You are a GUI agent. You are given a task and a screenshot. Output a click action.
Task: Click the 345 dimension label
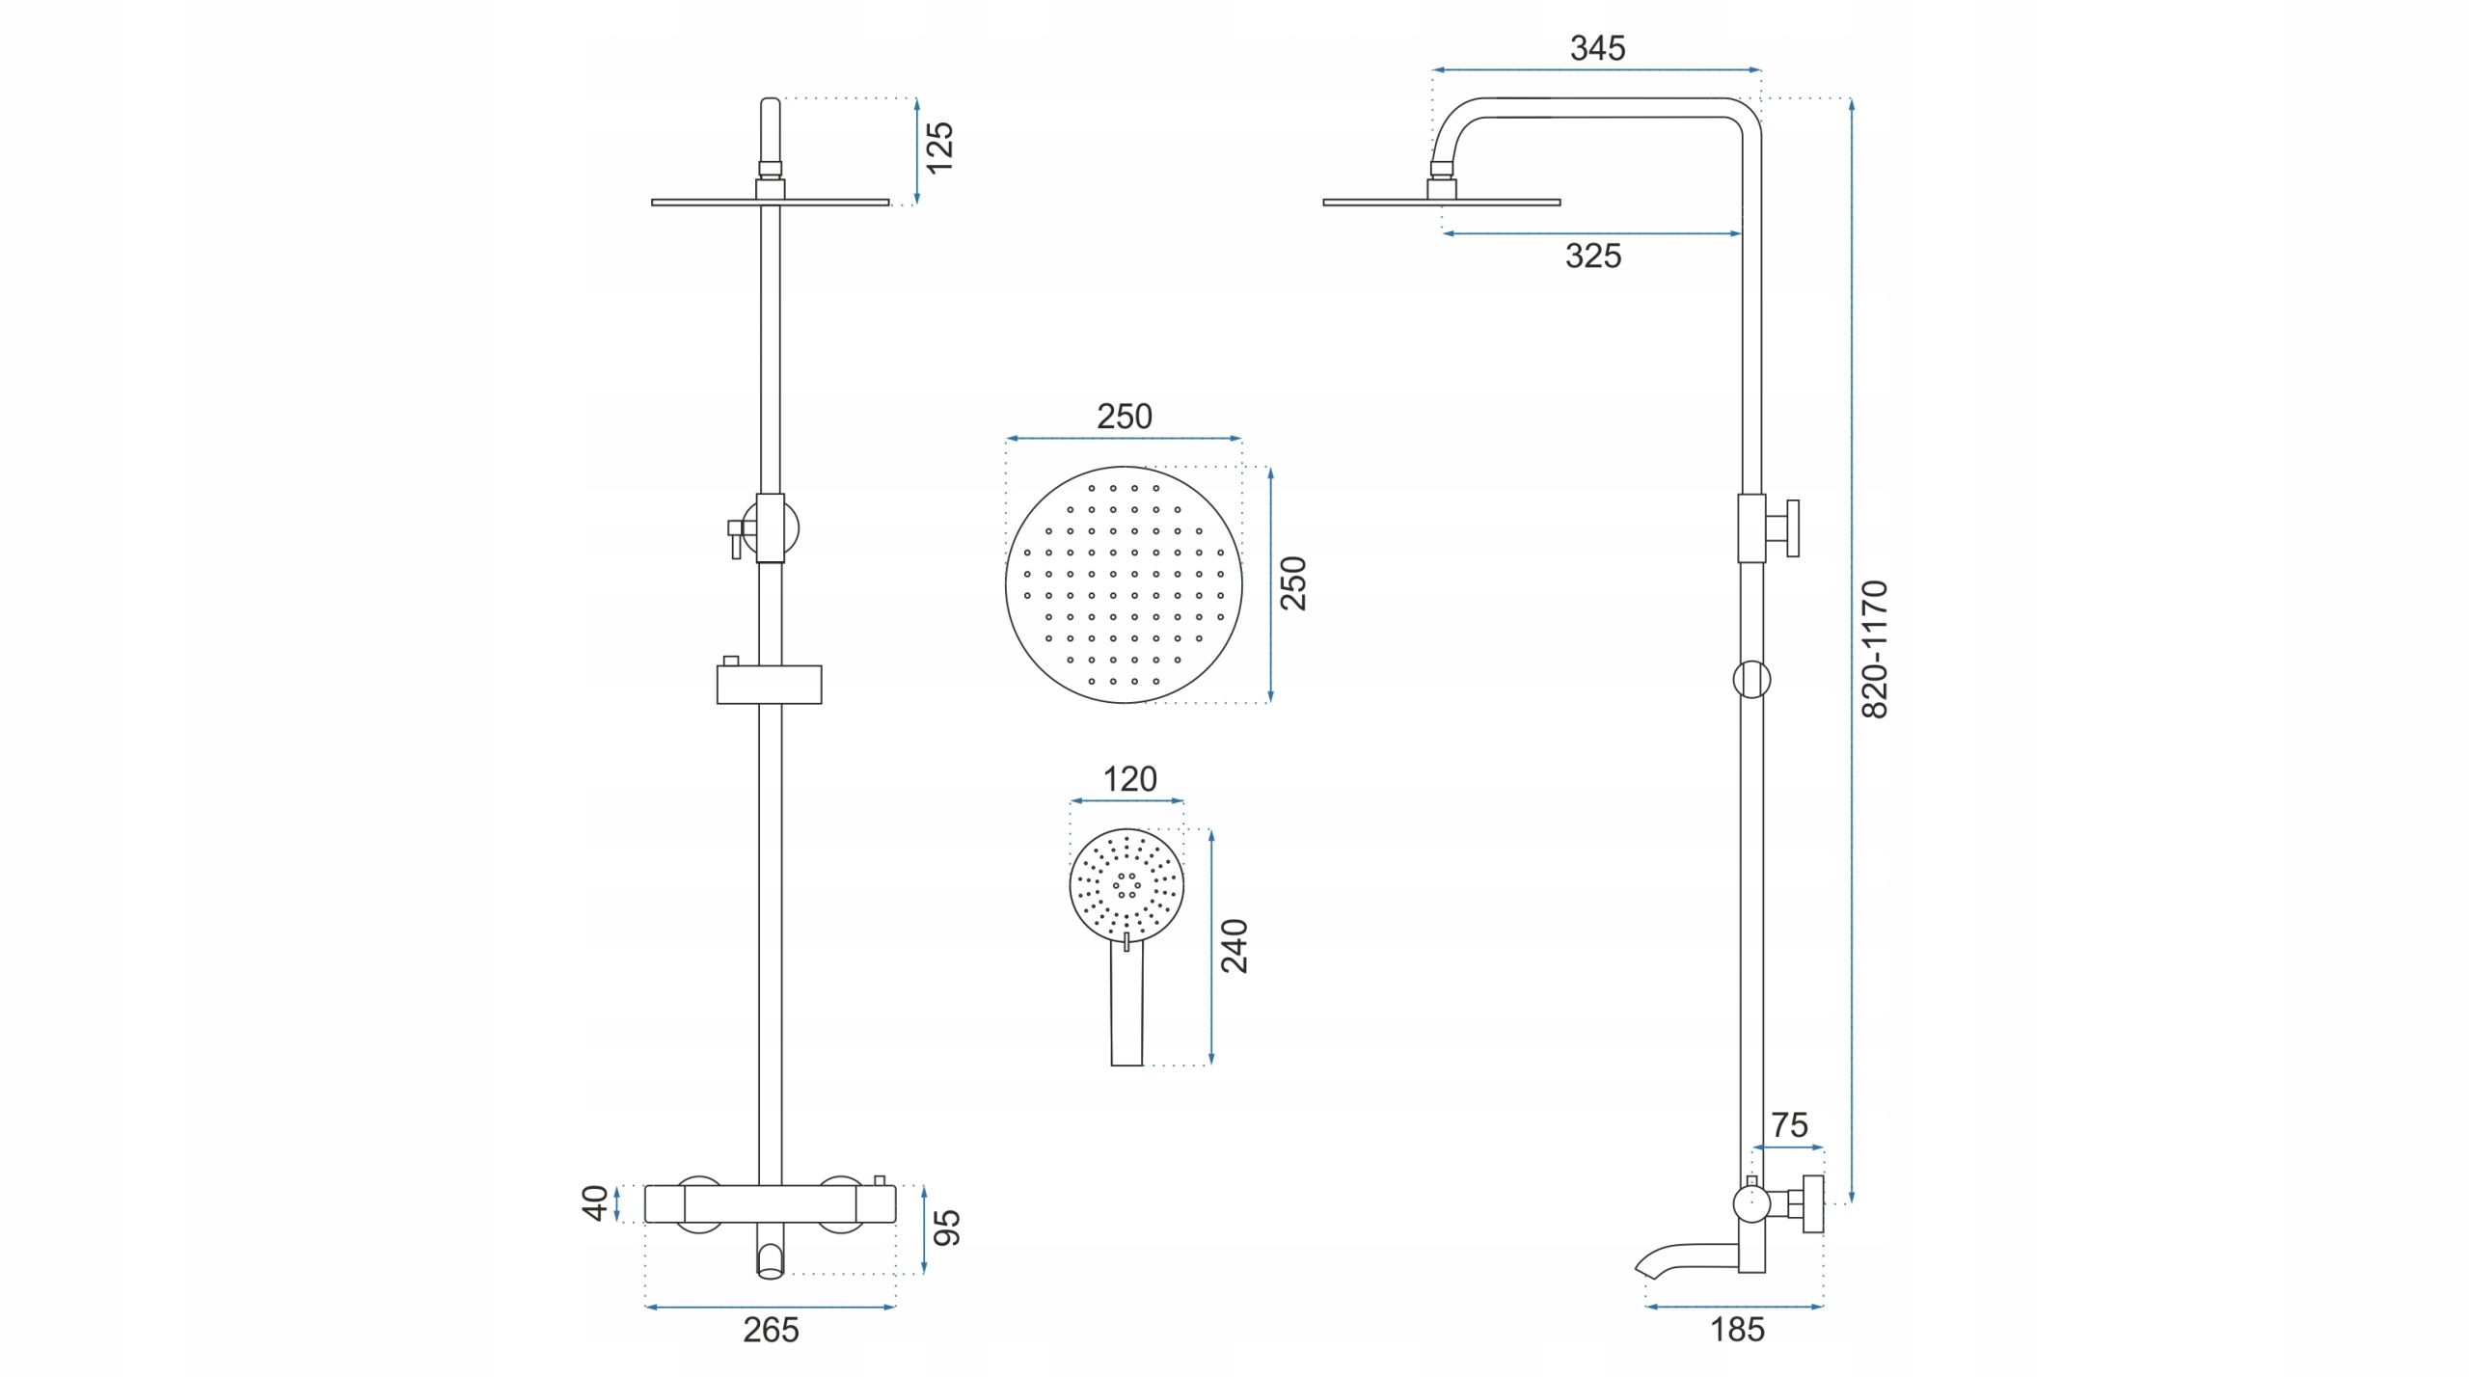tap(1597, 48)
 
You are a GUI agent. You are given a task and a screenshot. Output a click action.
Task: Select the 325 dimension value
tap(1593, 256)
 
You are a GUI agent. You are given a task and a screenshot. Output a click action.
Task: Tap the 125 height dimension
tap(939, 148)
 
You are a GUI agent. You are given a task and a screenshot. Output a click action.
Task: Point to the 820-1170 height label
tap(1874, 649)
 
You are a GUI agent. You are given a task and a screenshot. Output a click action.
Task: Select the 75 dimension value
tap(1789, 1125)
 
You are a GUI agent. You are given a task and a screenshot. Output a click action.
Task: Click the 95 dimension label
tap(947, 1228)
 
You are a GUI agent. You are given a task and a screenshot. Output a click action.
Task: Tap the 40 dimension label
tap(595, 1202)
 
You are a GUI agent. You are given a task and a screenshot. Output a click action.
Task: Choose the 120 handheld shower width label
tap(1129, 779)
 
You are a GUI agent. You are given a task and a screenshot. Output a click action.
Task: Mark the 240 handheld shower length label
tap(1234, 946)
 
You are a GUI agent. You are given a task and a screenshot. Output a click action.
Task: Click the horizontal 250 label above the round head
tap(1125, 417)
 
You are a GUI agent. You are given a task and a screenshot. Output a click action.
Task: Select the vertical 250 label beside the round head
tap(1292, 583)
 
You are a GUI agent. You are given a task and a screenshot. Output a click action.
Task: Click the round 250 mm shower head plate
tap(1124, 585)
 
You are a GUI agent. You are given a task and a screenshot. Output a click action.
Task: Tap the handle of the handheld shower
tap(1126, 1003)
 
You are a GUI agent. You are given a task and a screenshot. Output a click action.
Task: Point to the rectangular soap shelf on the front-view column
tap(769, 685)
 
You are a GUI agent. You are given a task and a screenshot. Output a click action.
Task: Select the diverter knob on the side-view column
tap(1781, 528)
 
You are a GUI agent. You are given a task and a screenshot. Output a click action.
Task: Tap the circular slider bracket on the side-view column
tap(1751, 680)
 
